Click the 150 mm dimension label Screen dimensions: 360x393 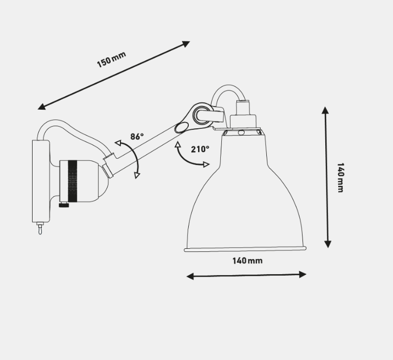[111, 59]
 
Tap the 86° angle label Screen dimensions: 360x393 [137, 137]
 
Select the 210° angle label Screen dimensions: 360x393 [200, 149]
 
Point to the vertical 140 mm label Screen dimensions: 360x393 [340, 177]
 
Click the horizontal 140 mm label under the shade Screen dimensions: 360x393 [247, 261]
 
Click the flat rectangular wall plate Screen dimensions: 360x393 [41, 181]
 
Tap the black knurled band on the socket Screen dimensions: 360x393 [73, 181]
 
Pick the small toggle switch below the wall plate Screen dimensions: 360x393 [39, 228]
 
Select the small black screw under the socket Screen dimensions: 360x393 [64, 206]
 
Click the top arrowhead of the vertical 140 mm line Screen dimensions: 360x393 [325, 110]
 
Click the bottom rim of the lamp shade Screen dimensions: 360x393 [245, 249]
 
